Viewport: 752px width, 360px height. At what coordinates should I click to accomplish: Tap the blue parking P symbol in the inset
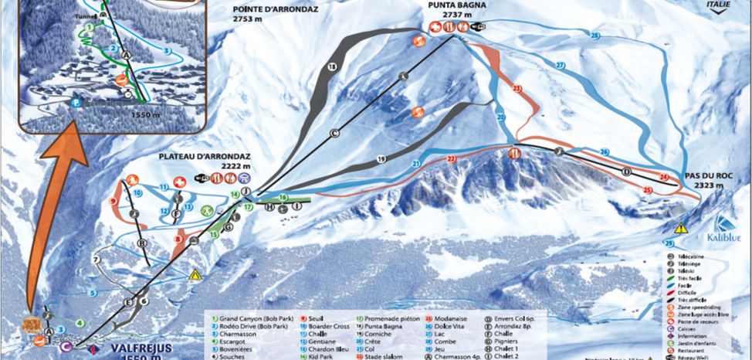76,102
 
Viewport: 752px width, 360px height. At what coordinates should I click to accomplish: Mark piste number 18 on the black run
332,69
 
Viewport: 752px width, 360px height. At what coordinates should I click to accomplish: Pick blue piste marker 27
560,66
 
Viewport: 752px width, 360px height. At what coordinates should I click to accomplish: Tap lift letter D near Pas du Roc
626,171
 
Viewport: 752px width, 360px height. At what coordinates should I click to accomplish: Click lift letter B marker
141,243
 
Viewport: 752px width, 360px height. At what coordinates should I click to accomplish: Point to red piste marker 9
113,202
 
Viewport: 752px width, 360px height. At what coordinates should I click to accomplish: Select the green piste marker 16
283,198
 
